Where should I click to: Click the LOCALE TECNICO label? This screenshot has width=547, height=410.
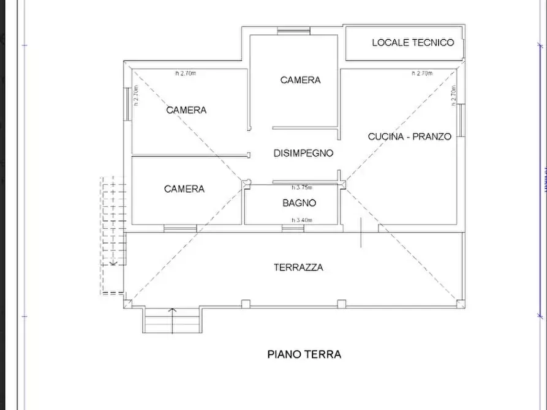413,42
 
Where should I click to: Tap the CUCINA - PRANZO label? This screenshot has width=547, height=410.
409,136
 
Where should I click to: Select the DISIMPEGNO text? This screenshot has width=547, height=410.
303,153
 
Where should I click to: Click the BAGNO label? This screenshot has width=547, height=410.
299,203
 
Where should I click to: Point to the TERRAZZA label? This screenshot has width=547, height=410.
298,267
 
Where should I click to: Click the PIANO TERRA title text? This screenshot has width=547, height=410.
304,354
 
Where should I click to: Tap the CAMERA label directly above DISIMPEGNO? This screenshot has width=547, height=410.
300,80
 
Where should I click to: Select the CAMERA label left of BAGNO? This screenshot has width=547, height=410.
184,189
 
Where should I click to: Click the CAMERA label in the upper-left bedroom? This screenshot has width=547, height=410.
186,110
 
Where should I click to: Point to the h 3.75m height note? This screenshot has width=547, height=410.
302,187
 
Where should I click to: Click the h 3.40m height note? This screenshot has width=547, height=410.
302,220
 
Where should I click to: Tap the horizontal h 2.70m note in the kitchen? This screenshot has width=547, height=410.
422,73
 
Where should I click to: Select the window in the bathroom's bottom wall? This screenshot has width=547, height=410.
293,228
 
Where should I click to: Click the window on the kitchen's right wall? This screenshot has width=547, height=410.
461,120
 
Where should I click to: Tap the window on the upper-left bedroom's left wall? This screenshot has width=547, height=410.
127,103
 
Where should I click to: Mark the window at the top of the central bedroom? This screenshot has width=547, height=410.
293,31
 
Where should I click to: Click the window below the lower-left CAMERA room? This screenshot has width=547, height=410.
179,228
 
